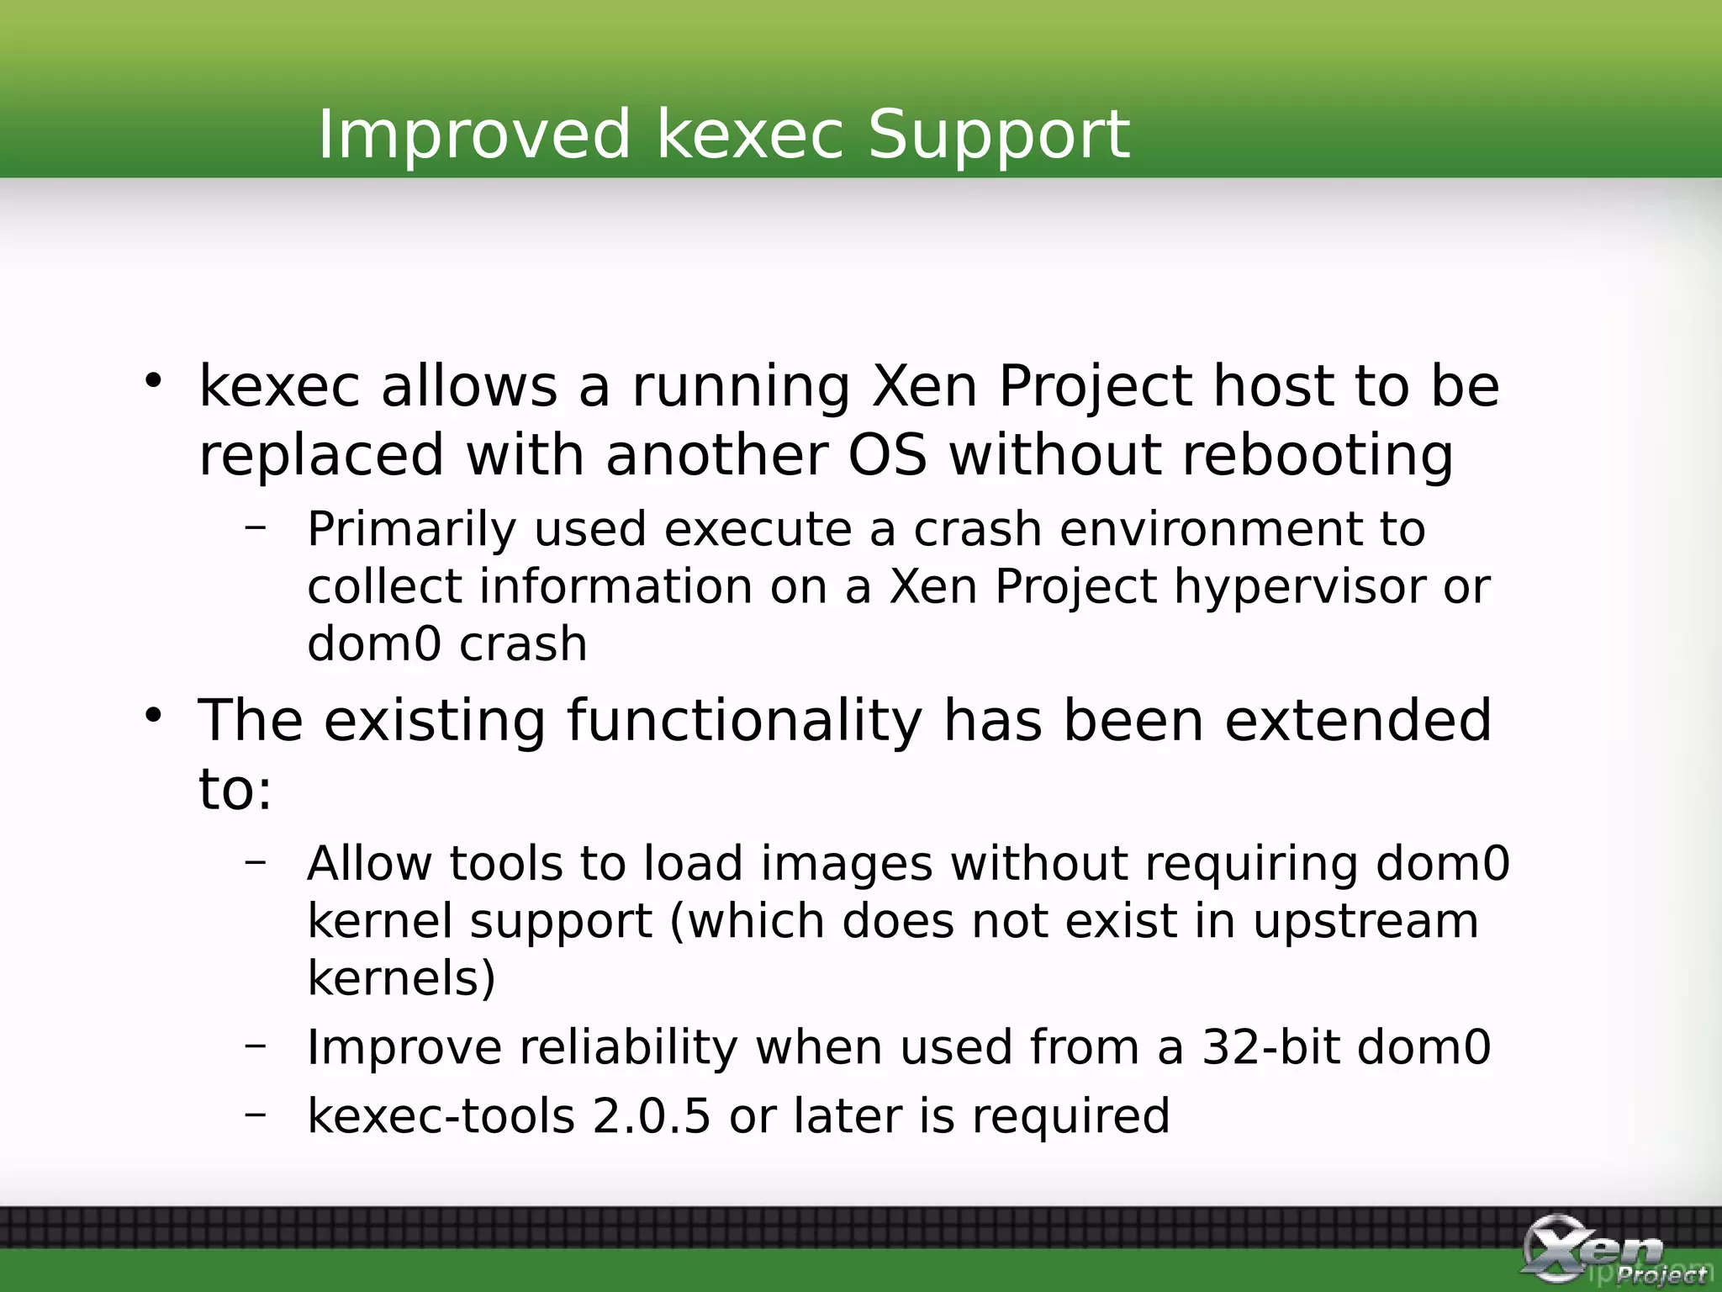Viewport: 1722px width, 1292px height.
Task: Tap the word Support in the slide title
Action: [998, 135]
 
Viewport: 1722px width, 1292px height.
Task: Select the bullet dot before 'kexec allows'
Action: [152, 381]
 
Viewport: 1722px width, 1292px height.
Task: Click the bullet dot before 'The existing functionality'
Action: [152, 716]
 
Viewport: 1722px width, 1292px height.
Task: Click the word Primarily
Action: [411, 530]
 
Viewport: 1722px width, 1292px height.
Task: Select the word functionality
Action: [744, 722]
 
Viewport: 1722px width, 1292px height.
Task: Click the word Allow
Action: [369, 864]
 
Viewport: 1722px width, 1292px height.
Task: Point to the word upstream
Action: [1365, 922]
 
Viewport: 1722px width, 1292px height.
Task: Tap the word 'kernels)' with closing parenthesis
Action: [402, 978]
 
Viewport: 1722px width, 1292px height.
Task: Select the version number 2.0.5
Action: [651, 1116]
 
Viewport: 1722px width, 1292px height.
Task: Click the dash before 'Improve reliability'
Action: [256, 1045]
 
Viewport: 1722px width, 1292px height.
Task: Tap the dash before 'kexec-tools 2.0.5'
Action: [256, 1114]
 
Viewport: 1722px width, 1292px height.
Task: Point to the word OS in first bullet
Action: [887, 455]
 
